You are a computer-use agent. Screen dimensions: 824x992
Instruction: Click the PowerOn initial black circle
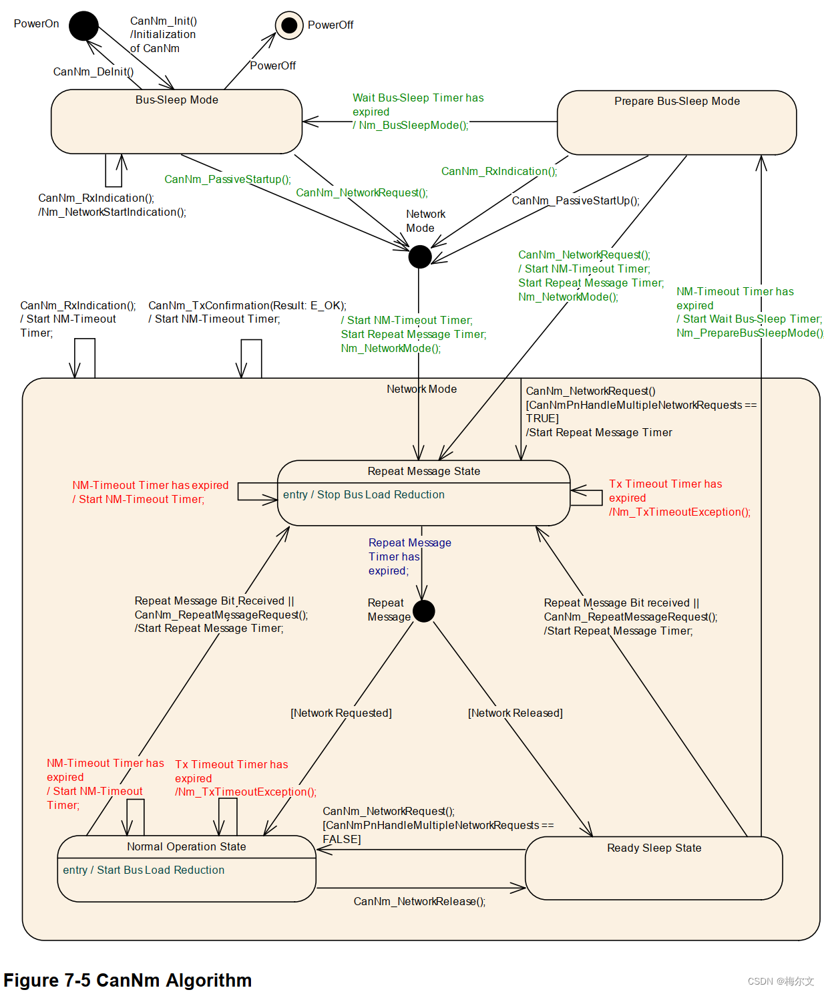click(83, 25)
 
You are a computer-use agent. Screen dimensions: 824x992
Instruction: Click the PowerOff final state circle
click(289, 25)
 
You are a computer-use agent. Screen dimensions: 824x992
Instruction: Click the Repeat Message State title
click(423, 472)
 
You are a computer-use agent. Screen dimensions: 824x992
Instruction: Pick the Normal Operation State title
click(186, 846)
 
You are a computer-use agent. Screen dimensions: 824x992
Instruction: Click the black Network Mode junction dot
click(420, 257)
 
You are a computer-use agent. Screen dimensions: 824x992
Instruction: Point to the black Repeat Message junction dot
click(423, 611)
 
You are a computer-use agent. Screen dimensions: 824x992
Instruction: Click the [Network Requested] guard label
click(341, 713)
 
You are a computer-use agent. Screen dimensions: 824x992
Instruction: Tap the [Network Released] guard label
click(516, 713)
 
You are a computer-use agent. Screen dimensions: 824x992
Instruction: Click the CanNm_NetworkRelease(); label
click(419, 902)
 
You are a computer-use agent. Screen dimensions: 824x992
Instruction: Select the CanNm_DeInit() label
click(93, 71)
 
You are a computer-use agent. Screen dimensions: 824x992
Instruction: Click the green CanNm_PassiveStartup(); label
click(228, 179)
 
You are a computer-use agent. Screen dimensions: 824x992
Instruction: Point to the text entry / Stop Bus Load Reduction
click(364, 494)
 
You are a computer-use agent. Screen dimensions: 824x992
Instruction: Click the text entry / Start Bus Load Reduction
click(144, 870)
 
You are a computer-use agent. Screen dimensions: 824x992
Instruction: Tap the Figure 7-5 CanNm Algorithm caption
click(128, 980)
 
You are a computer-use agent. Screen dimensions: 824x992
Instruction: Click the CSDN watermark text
click(781, 981)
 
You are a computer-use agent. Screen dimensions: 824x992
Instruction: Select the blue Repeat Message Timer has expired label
click(409, 557)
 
